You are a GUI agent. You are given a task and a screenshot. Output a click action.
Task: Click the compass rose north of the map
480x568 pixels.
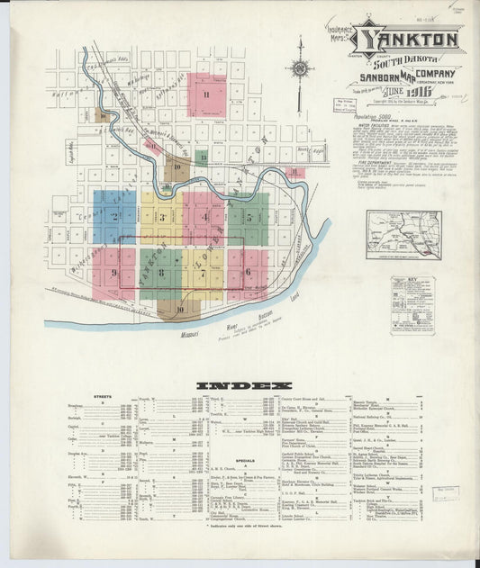300,69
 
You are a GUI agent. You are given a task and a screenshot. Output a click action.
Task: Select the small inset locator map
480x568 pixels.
403,234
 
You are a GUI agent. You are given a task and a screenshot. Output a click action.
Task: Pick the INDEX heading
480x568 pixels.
237,386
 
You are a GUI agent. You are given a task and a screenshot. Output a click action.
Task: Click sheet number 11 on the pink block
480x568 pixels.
206,95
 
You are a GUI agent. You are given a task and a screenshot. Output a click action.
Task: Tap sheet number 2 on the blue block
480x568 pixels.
114,216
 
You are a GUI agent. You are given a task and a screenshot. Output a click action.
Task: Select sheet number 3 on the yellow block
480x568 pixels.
162,216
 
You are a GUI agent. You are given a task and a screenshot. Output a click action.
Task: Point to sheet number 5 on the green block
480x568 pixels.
247,217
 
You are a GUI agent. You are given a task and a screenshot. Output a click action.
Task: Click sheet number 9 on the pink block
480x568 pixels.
114,272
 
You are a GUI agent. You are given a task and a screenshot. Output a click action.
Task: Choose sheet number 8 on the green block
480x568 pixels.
161,271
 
